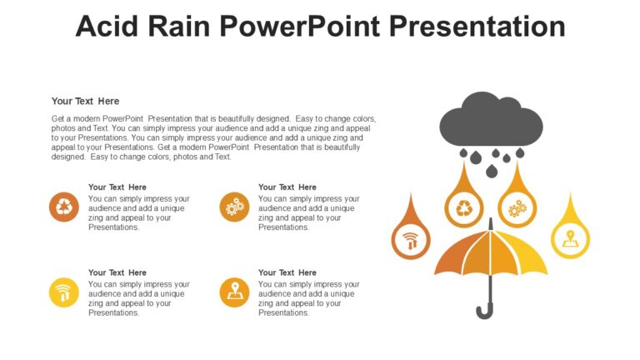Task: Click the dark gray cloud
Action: click(491, 122)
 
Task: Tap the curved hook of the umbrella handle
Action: click(484, 311)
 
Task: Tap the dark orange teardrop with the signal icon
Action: click(410, 238)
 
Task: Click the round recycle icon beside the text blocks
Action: click(64, 207)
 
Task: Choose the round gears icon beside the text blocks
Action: click(234, 207)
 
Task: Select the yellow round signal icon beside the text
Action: click(64, 292)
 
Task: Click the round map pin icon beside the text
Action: click(234, 292)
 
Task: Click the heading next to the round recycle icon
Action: click(117, 187)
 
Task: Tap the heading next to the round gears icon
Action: click(287, 187)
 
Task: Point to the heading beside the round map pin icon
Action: click(287, 272)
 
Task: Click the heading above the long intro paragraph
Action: click(85, 101)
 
